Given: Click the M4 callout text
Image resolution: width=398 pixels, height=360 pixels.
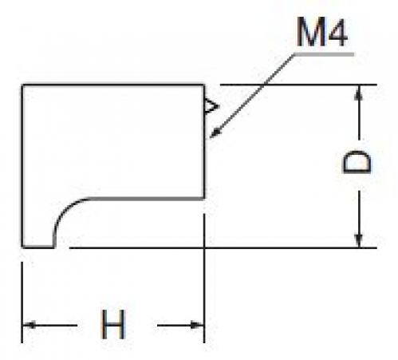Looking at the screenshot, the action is [321, 33].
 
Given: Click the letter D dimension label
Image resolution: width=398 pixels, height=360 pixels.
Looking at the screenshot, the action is [357, 162].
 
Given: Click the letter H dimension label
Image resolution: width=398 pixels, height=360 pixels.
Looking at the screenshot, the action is [113, 324].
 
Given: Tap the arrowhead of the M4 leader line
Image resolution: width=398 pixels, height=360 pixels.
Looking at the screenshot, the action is [215, 133].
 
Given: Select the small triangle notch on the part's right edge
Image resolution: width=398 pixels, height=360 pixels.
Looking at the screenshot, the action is [211, 106].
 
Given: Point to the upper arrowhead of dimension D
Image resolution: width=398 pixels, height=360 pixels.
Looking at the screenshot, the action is [359, 92].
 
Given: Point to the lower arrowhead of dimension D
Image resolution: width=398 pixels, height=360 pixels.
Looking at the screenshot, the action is [359, 241].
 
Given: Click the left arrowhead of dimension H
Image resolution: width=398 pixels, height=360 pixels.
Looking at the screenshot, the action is [29, 325].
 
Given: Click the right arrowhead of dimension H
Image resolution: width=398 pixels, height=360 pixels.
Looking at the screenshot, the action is [197, 325].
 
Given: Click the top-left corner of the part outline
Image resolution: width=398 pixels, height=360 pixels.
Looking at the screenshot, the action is [22, 85].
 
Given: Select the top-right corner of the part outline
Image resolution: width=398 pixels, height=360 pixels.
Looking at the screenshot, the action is [204, 85].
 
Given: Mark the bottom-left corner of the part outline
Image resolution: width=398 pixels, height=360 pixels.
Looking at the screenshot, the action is [22, 247].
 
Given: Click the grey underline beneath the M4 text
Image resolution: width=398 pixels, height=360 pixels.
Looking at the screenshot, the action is [325, 54].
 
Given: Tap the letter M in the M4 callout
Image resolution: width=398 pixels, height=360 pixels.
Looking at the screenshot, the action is [309, 33].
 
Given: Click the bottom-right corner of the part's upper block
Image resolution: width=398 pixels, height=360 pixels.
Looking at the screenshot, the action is [204, 198].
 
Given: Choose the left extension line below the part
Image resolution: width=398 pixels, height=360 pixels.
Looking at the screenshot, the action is [22, 303].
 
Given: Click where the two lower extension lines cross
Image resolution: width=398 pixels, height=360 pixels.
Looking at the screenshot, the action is [204, 247].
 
